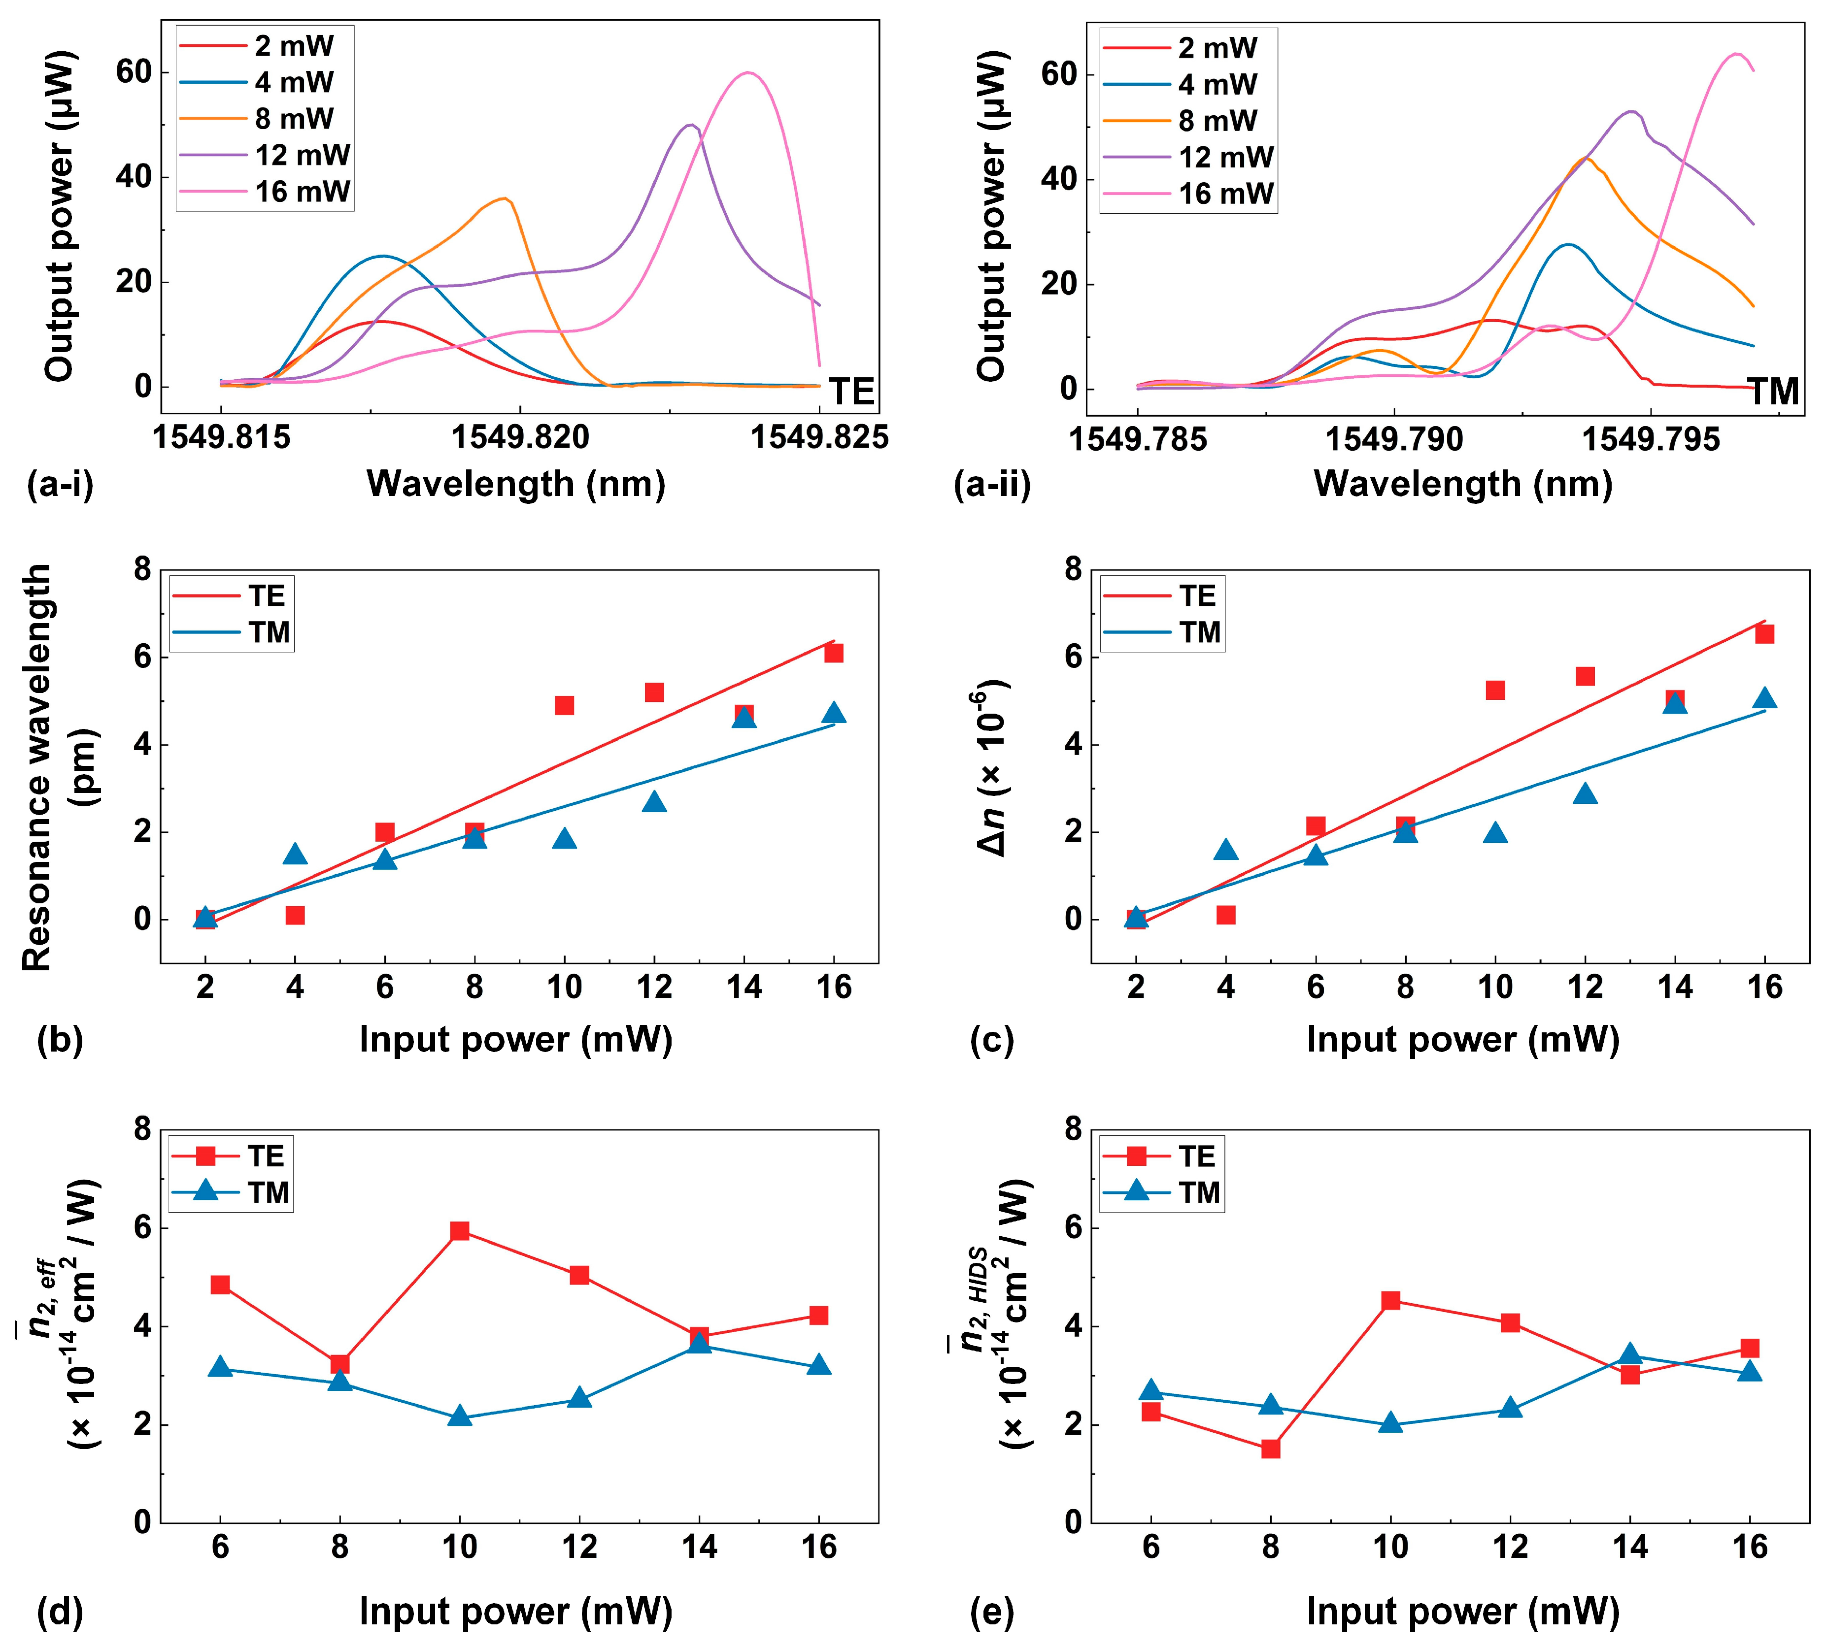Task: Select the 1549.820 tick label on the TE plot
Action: (x=520, y=437)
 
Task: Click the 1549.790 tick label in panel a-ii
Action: (x=1394, y=439)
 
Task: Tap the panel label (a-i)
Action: (x=61, y=485)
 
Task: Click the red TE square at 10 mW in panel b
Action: (x=564, y=705)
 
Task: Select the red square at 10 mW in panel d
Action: (x=460, y=1230)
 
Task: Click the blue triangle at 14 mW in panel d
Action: (x=699, y=1342)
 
